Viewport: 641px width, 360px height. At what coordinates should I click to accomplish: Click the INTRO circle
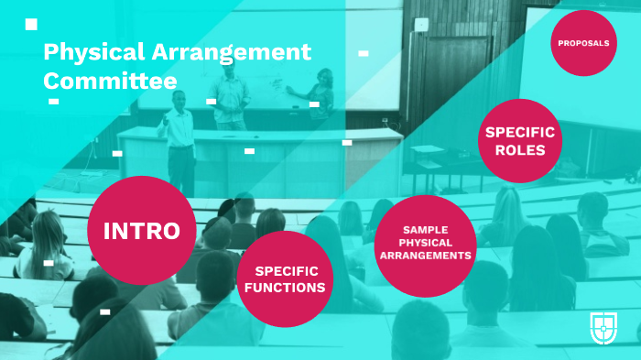tap(141, 230)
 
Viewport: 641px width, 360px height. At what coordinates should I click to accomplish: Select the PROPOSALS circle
tap(584, 43)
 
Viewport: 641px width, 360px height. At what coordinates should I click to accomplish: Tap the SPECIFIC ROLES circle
tap(520, 141)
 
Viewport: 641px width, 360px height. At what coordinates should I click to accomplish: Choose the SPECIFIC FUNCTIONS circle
tap(284, 278)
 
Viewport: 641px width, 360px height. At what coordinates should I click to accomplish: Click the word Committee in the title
tap(110, 81)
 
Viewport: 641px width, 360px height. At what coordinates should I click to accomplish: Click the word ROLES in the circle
tap(520, 150)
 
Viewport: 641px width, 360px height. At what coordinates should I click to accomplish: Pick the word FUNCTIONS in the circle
tap(284, 287)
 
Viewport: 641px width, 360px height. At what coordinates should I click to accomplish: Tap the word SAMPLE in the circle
tap(424, 229)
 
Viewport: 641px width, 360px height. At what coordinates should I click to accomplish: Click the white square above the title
tap(31, 25)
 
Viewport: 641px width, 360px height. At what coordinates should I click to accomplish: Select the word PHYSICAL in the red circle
tap(424, 243)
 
